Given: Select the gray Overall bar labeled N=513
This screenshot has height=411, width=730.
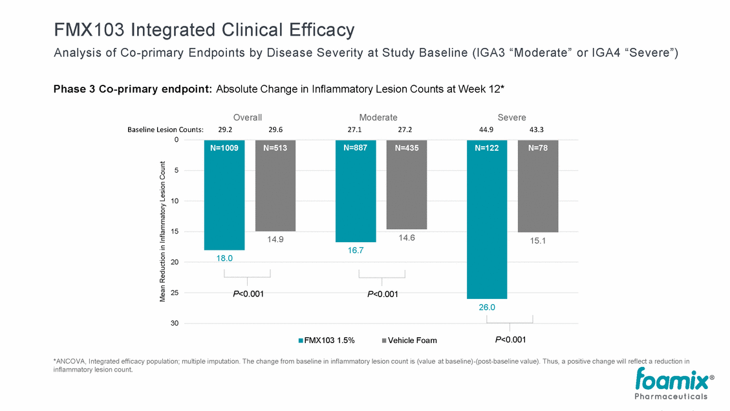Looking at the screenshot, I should pos(275,186).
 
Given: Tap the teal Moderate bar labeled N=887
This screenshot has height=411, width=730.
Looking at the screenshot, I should pos(356,191).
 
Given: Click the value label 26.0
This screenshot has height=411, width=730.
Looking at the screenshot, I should pos(487,307).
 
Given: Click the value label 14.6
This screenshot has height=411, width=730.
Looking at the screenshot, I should pos(407,238).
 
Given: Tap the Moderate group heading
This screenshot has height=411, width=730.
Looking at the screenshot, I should pos(378,117).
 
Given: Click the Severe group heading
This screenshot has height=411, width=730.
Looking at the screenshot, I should pos(511,117).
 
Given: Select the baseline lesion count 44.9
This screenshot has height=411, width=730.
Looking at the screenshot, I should pos(485,129).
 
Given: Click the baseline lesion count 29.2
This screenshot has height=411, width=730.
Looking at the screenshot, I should pos(225,129).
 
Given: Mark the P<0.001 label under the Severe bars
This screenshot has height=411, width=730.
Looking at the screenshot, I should pos(510,339).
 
